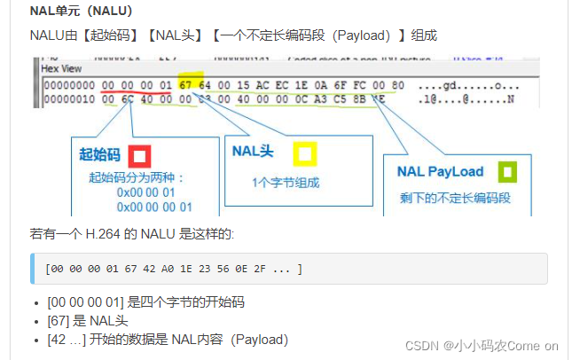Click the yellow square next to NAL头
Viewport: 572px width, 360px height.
point(304,154)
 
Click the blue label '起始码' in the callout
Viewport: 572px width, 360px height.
point(98,155)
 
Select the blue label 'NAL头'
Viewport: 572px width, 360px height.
point(253,152)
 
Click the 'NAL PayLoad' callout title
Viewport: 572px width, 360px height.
point(441,171)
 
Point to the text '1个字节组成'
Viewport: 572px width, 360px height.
point(285,184)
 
